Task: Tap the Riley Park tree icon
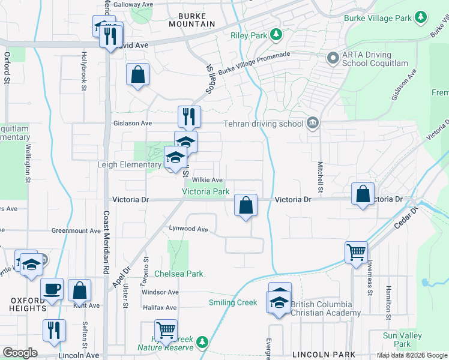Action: (x=277, y=35)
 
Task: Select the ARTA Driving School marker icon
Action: (x=333, y=58)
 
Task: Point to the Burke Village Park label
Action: (x=378, y=18)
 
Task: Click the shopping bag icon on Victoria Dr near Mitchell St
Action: (x=363, y=194)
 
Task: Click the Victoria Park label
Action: (x=206, y=191)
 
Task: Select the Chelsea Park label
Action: (x=179, y=274)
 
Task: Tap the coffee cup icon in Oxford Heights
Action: (x=52, y=289)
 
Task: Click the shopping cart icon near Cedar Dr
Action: (x=356, y=251)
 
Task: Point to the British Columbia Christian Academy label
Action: (x=325, y=308)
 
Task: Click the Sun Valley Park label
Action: (x=403, y=339)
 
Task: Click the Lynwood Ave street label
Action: (x=188, y=229)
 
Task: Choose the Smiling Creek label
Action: (x=233, y=302)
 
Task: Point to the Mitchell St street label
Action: (x=321, y=179)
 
